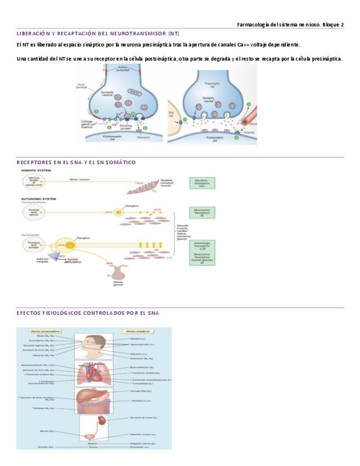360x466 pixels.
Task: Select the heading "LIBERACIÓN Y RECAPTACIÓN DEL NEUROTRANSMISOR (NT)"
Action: pyautogui.click(x=98, y=34)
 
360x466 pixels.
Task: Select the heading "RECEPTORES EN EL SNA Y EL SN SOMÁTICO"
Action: pyautogui.click(x=76, y=163)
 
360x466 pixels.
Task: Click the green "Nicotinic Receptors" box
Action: pyautogui.click(x=202, y=183)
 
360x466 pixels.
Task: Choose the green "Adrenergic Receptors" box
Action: pyautogui.click(x=202, y=245)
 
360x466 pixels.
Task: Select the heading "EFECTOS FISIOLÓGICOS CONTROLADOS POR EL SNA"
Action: pyautogui.click(x=87, y=313)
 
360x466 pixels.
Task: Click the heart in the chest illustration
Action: pyautogui.click(x=95, y=375)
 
